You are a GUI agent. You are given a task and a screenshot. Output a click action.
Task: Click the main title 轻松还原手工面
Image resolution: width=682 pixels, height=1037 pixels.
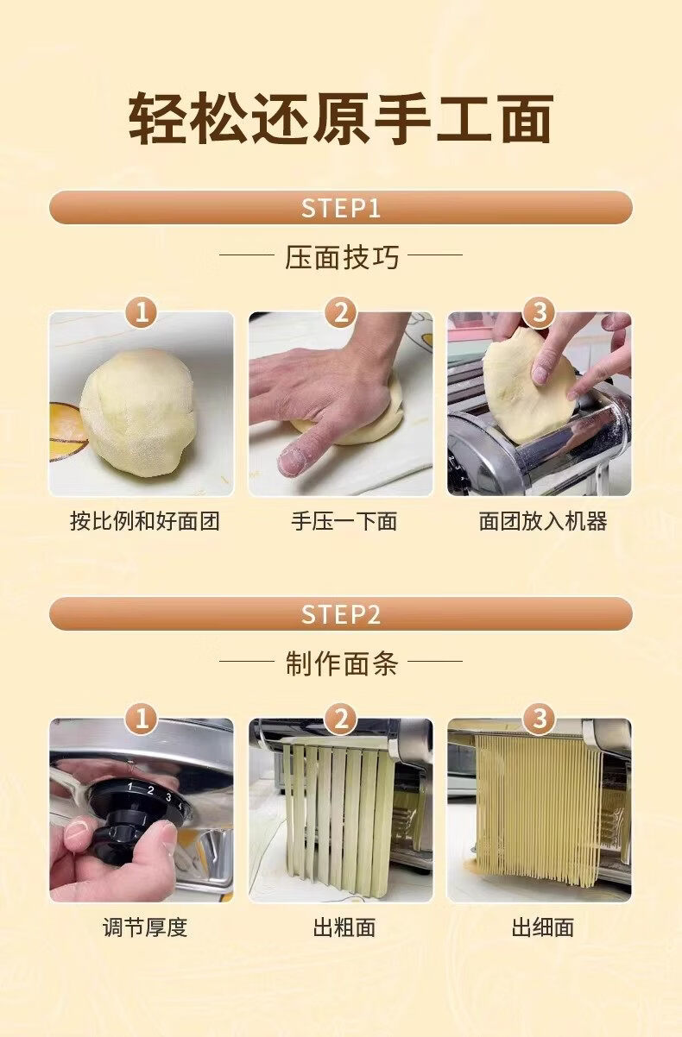[341, 117]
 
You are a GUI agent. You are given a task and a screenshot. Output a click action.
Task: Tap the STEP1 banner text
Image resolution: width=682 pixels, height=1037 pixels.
[341, 208]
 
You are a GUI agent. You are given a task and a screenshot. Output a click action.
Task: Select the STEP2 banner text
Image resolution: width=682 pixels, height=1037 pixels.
[341, 614]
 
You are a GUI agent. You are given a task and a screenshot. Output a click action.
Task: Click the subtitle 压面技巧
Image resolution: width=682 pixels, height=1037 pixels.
[342, 257]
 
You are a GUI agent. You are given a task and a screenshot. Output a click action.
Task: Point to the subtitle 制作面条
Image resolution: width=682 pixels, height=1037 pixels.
[342, 663]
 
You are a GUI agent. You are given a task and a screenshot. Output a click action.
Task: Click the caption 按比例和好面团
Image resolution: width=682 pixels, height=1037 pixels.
[144, 521]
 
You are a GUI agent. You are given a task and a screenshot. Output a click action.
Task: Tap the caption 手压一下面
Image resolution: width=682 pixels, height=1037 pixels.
[344, 521]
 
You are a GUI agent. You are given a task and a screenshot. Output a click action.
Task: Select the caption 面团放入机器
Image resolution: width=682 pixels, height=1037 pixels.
[542, 521]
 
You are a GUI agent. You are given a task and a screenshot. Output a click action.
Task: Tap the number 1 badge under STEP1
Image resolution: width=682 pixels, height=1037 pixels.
[142, 312]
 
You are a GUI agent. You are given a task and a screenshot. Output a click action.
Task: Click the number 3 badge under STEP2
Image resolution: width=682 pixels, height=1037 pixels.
[540, 719]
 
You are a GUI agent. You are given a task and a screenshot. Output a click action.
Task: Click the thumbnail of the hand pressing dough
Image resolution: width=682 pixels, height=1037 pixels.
[340, 404]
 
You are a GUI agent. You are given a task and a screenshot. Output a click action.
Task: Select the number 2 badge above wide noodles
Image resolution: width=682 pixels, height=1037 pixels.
[341, 719]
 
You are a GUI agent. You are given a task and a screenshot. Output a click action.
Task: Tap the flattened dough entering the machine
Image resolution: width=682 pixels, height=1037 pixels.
[528, 385]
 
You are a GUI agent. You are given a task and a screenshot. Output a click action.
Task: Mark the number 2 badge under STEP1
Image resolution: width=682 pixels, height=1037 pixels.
[341, 312]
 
